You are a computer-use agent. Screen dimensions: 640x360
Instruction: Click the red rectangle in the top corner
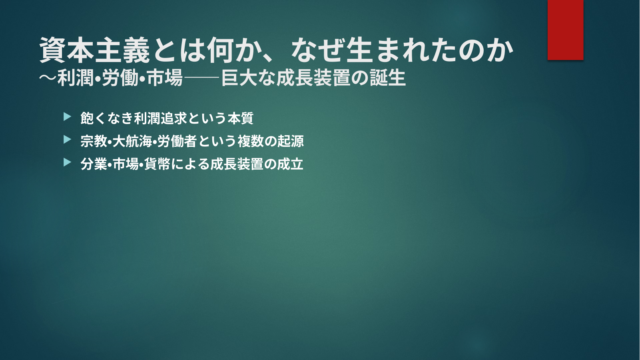click(565, 30)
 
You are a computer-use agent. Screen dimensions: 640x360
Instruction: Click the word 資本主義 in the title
click(95, 50)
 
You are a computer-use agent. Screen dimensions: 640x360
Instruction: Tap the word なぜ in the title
click(317, 50)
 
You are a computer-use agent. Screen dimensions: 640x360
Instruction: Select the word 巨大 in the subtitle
click(239, 78)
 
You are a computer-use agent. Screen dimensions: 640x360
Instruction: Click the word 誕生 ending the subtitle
click(388, 78)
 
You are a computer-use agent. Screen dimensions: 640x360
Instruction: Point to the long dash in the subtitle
click(201, 78)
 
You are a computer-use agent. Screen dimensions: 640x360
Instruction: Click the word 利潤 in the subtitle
click(76, 78)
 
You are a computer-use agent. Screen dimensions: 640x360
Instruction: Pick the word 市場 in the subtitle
click(165, 78)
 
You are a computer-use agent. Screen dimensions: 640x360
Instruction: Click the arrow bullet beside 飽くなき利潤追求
click(67, 117)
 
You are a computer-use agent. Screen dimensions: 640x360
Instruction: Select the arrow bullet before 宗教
click(67, 140)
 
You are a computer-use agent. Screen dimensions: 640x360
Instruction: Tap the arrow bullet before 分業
click(67, 162)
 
